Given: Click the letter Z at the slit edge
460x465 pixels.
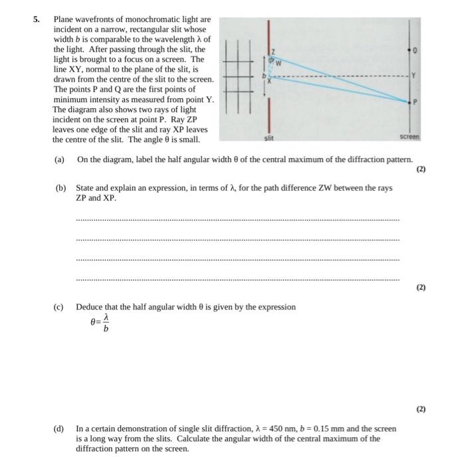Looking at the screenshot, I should tap(272, 52).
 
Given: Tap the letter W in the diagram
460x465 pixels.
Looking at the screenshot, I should tap(279, 64).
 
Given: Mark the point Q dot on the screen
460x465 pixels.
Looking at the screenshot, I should tap(407, 49).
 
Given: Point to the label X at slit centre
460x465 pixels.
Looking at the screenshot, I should tap(269, 82).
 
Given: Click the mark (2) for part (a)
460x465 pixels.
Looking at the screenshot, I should tap(420, 169).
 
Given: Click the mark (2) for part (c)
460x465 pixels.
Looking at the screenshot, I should tap(420, 410).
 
